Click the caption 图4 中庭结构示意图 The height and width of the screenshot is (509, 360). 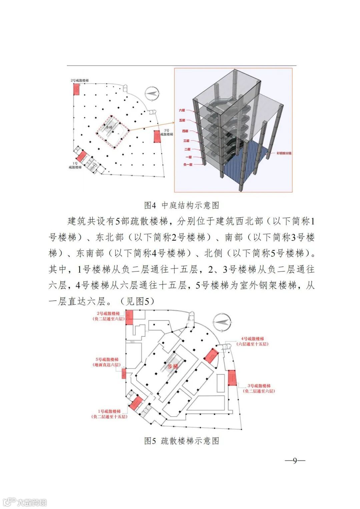182,205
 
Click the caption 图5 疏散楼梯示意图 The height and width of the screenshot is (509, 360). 182,441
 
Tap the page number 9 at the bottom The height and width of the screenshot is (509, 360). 295,461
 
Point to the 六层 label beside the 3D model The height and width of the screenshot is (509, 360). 182,110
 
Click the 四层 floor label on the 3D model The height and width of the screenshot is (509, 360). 185,131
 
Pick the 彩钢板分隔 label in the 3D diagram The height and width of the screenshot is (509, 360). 284,153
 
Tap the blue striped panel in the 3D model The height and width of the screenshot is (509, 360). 247,167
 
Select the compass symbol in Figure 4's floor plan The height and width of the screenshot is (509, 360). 152,94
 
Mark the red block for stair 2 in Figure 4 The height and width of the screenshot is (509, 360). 76,89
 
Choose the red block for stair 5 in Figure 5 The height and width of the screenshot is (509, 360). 124,374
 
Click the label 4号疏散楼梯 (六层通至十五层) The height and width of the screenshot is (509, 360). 252,341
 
